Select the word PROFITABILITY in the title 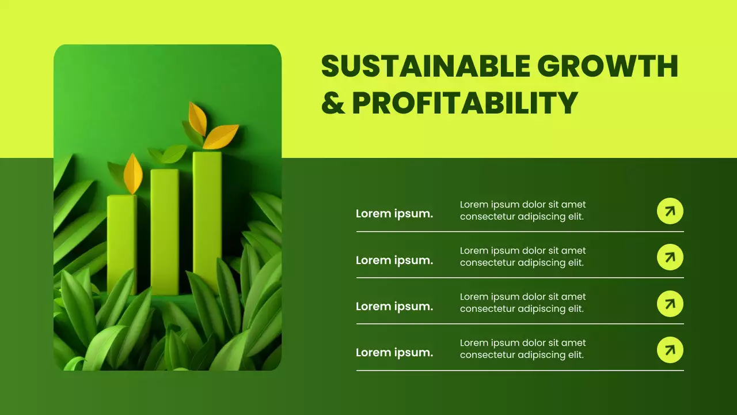[x=465, y=103]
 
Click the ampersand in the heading [x=332, y=103]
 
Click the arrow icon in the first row [x=670, y=211]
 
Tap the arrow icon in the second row [x=670, y=257]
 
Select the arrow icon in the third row [x=670, y=303]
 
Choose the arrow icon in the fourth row [x=670, y=350]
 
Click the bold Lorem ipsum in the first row [x=394, y=214]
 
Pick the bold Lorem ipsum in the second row [x=394, y=261]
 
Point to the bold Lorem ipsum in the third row [x=394, y=307]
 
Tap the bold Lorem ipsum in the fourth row [x=394, y=353]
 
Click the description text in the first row [x=522, y=210]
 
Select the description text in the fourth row [x=522, y=349]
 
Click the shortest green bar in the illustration [x=121, y=242]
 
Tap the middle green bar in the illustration [x=165, y=231]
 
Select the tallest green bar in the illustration [x=207, y=219]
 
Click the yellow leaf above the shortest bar [x=133, y=173]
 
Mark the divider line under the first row [x=520, y=232]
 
